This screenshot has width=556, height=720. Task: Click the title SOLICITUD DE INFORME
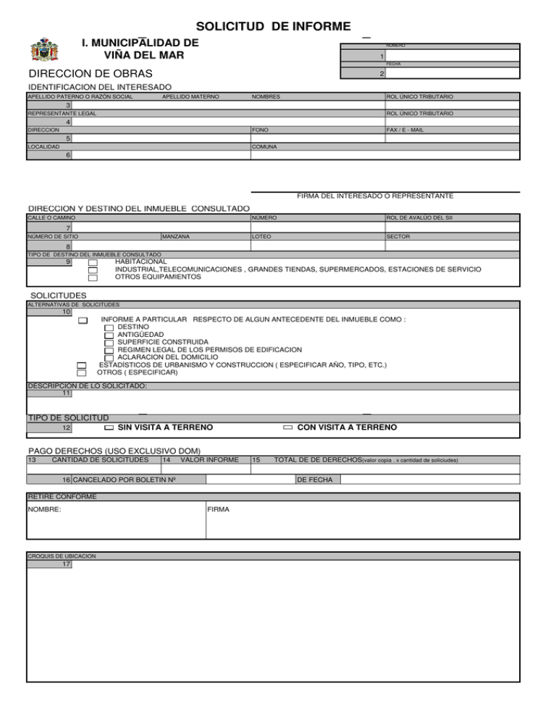pyautogui.click(x=273, y=27)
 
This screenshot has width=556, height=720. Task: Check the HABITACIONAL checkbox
pyautogui.click(x=93, y=262)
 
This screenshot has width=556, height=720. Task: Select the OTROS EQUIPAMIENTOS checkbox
pyautogui.click(x=93, y=277)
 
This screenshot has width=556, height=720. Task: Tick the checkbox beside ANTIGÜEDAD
pyautogui.click(x=109, y=335)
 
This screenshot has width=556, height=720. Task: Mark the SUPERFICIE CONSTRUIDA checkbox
pyautogui.click(x=109, y=343)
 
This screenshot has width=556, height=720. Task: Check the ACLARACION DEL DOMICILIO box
pyautogui.click(x=109, y=358)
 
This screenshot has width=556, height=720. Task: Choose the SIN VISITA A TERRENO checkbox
pyautogui.click(x=109, y=428)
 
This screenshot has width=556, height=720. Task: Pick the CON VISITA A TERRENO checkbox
pyautogui.click(x=288, y=428)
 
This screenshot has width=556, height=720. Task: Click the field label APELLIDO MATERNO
pyautogui.click(x=190, y=96)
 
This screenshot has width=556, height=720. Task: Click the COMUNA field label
pyautogui.click(x=264, y=146)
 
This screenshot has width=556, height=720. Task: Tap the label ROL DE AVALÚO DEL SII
pyautogui.click(x=420, y=218)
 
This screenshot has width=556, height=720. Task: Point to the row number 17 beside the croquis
pyautogui.click(x=67, y=564)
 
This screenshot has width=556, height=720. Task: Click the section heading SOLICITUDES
pyautogui.click(x=59, y=296)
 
